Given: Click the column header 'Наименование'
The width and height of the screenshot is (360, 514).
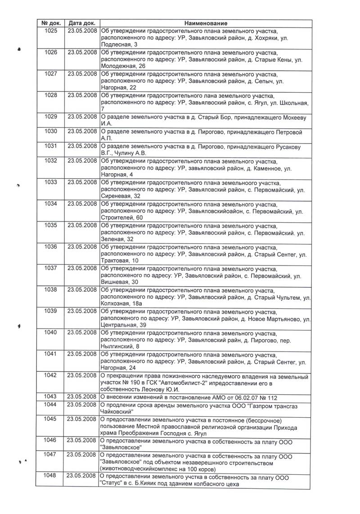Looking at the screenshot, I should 206,23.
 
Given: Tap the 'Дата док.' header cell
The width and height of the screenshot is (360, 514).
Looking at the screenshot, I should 81,23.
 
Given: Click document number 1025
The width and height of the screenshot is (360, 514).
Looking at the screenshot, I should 51,31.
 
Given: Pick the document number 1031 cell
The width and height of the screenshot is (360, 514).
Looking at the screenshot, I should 51,146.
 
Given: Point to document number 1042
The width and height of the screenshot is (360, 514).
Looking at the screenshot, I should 51,375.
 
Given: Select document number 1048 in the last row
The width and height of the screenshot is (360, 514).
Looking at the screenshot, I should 51,477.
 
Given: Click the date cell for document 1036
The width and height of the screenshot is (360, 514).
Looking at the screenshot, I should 81,247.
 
